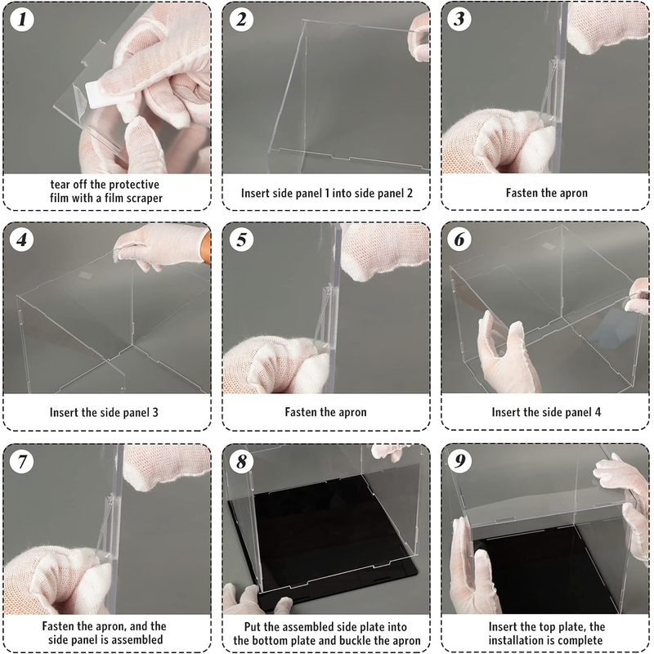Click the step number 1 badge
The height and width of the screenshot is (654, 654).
(x=22, y=20)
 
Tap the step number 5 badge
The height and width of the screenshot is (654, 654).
(x=241, y=240)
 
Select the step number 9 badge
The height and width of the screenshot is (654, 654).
(x=459, y=461)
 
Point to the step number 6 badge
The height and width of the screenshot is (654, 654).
(x=459, y=240)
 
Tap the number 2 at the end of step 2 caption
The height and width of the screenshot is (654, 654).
(x=410, y=193)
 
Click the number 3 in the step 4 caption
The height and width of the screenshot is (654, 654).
(x=155, y=413)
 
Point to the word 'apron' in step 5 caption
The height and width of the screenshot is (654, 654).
(x=353, y=413)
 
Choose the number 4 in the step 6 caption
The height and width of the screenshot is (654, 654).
(x=598, y=413)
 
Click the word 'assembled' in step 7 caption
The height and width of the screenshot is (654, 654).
(x=137, y=640)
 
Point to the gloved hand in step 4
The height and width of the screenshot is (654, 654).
(x=160, y=246)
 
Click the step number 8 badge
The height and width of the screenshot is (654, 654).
(x=241, y=462)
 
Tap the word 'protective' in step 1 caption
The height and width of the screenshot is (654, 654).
(x=133, y=185)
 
